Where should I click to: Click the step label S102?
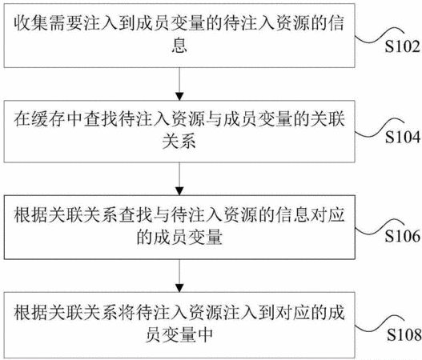[402, 46]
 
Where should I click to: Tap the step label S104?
[403, 137]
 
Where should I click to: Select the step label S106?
[402, 236]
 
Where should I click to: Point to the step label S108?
[404, 335]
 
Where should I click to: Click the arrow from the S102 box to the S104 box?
[179, 84]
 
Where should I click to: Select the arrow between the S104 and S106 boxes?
[179, 178]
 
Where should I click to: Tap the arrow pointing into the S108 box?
[179, 275]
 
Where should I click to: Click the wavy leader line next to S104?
[380, 128]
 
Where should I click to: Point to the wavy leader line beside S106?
[380, 226]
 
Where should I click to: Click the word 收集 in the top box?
[31, 23]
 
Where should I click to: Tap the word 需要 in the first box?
[66, 23]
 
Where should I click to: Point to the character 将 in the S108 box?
[127, 313]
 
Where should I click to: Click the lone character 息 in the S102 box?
[179, 45]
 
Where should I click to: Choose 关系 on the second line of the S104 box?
[179, 141]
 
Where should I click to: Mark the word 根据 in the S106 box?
[31, 215]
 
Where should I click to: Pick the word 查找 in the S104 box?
[101, 119]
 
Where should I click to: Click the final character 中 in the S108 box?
[205, 334]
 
